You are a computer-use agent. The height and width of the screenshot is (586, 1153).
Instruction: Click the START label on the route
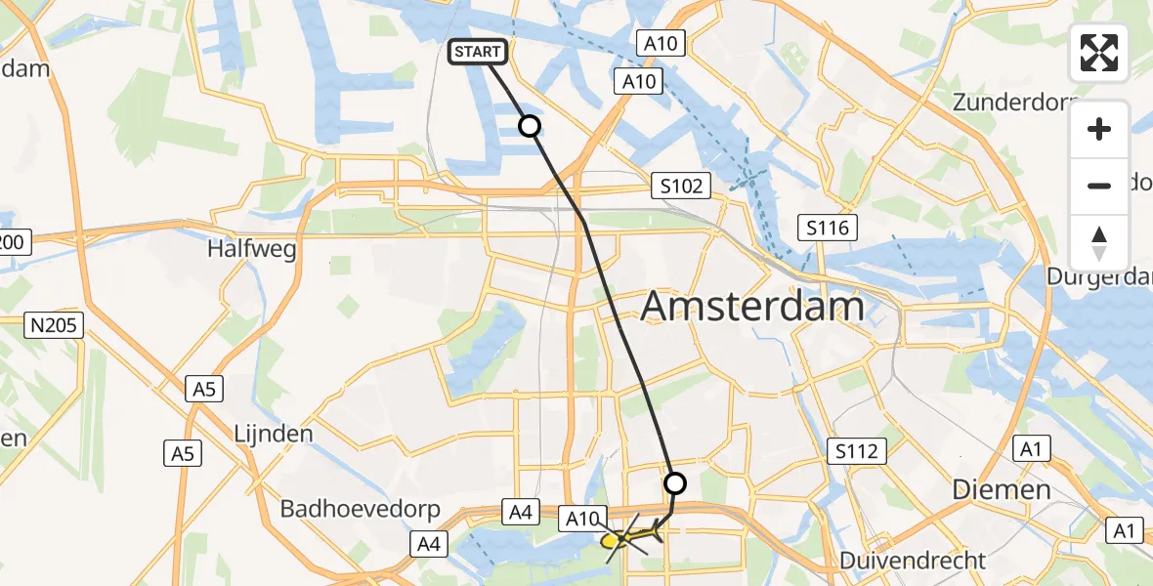click(478, 53)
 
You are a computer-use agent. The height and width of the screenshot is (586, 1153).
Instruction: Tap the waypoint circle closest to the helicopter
click(675, 482)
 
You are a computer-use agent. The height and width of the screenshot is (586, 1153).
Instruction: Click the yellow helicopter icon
click(625, 537)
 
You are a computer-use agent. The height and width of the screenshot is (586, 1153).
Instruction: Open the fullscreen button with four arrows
click(1099, 53)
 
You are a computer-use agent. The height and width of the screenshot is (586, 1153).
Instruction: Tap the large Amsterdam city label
click(752, 308)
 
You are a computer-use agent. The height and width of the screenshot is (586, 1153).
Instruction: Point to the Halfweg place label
click(238, 250)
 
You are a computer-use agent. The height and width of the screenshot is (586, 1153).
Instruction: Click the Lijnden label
click(274, 434)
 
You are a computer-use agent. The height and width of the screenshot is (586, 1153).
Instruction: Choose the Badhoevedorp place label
click(361, 509)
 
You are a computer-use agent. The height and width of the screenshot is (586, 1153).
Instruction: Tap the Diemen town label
click(1003, 489)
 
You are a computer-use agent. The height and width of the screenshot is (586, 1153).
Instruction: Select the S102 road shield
click(681, 187)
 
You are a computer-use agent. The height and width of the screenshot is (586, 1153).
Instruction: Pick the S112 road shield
click(860, 451)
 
